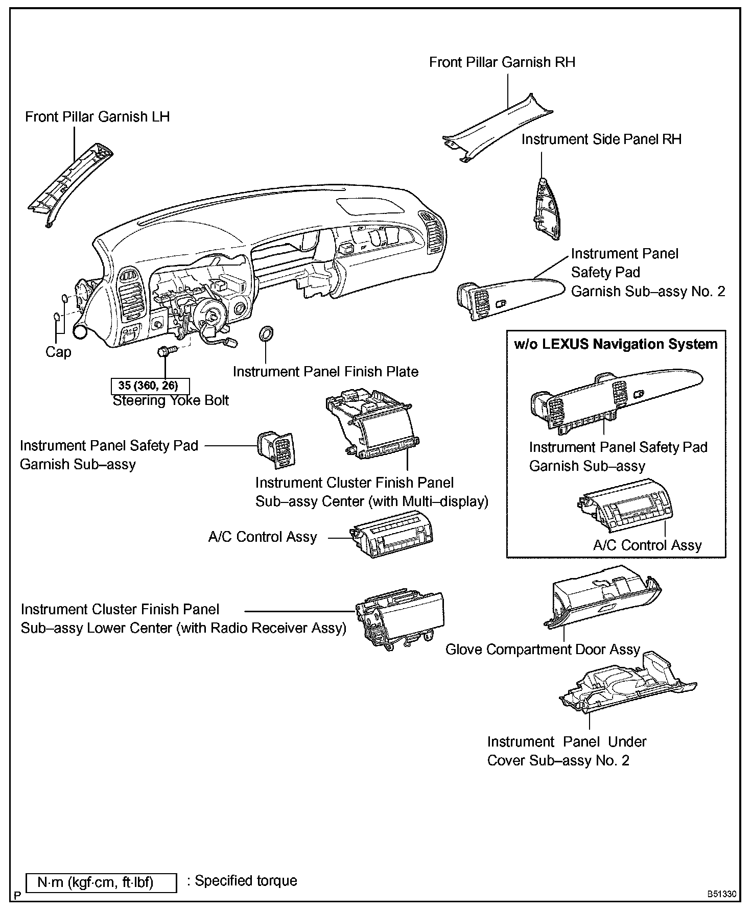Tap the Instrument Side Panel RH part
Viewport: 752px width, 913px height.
coord(545,209)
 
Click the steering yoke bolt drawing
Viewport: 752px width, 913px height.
coord(167,351)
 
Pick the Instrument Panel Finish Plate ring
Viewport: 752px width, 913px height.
coord(266,334)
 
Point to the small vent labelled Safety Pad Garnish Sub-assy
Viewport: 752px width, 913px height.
coord(276,449)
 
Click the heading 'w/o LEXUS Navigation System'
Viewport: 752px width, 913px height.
coord(616,344)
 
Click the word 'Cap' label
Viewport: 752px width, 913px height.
coord(58,352)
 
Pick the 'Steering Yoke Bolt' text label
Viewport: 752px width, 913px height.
coord(171,400)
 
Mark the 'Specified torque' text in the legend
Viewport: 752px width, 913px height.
coord(246,880)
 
